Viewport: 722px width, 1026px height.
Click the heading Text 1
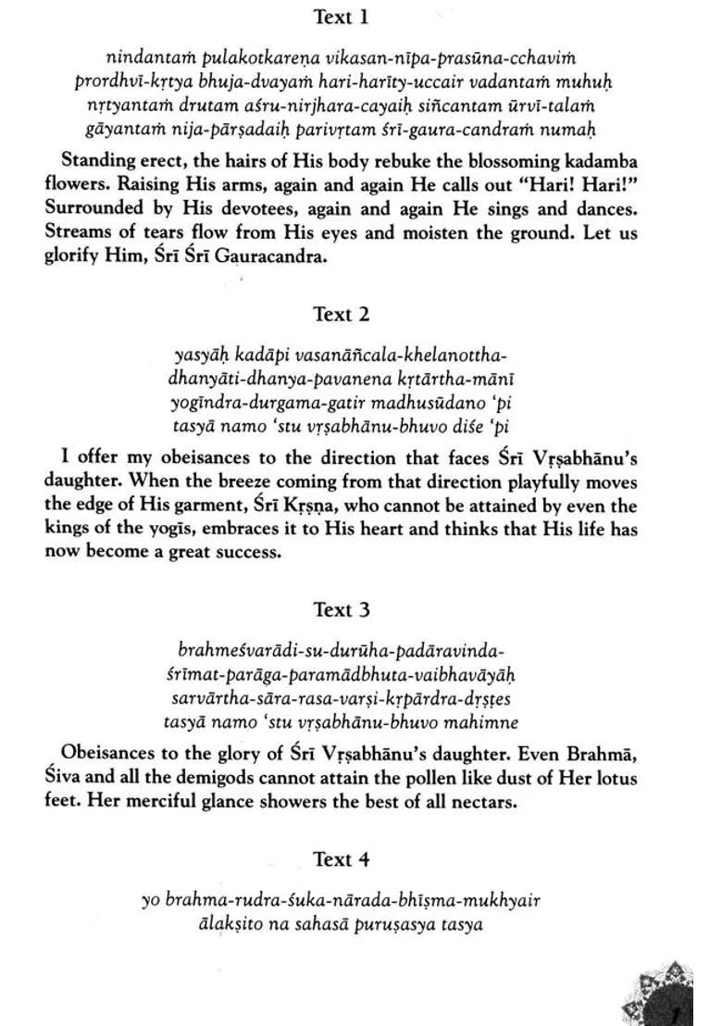(342, 18)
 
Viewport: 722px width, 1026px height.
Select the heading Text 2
(342, 315)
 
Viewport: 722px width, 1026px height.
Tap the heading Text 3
(342, 610)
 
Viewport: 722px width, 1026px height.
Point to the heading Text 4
(342, 860)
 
